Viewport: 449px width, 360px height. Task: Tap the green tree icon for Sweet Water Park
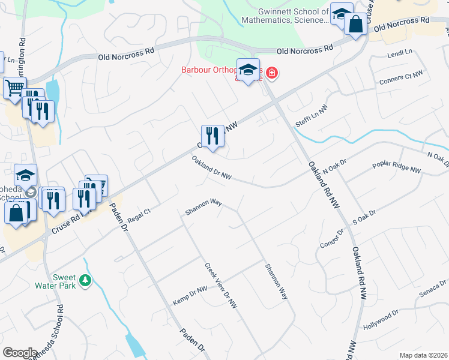tap(85, 280)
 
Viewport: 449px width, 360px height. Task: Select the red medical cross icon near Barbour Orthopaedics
tap(272, 73)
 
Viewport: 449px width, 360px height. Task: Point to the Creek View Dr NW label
tap(221, 284)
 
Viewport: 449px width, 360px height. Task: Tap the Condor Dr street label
tap(331, 239)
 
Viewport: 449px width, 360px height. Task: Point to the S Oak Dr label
tap(364, 217)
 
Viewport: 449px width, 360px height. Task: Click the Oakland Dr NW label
tap(212, 167)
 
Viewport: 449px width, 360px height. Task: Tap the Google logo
tap(20, 352)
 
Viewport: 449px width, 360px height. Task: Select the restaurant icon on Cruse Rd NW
tap(212, 136)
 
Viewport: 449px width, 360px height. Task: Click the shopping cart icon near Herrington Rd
tap(14, 88)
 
